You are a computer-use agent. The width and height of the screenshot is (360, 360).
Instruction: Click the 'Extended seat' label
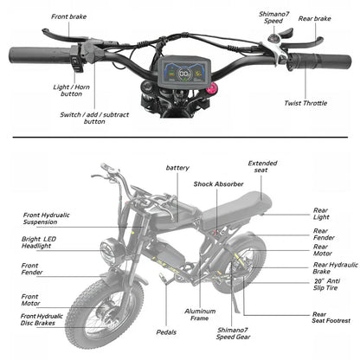(262, 168)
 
